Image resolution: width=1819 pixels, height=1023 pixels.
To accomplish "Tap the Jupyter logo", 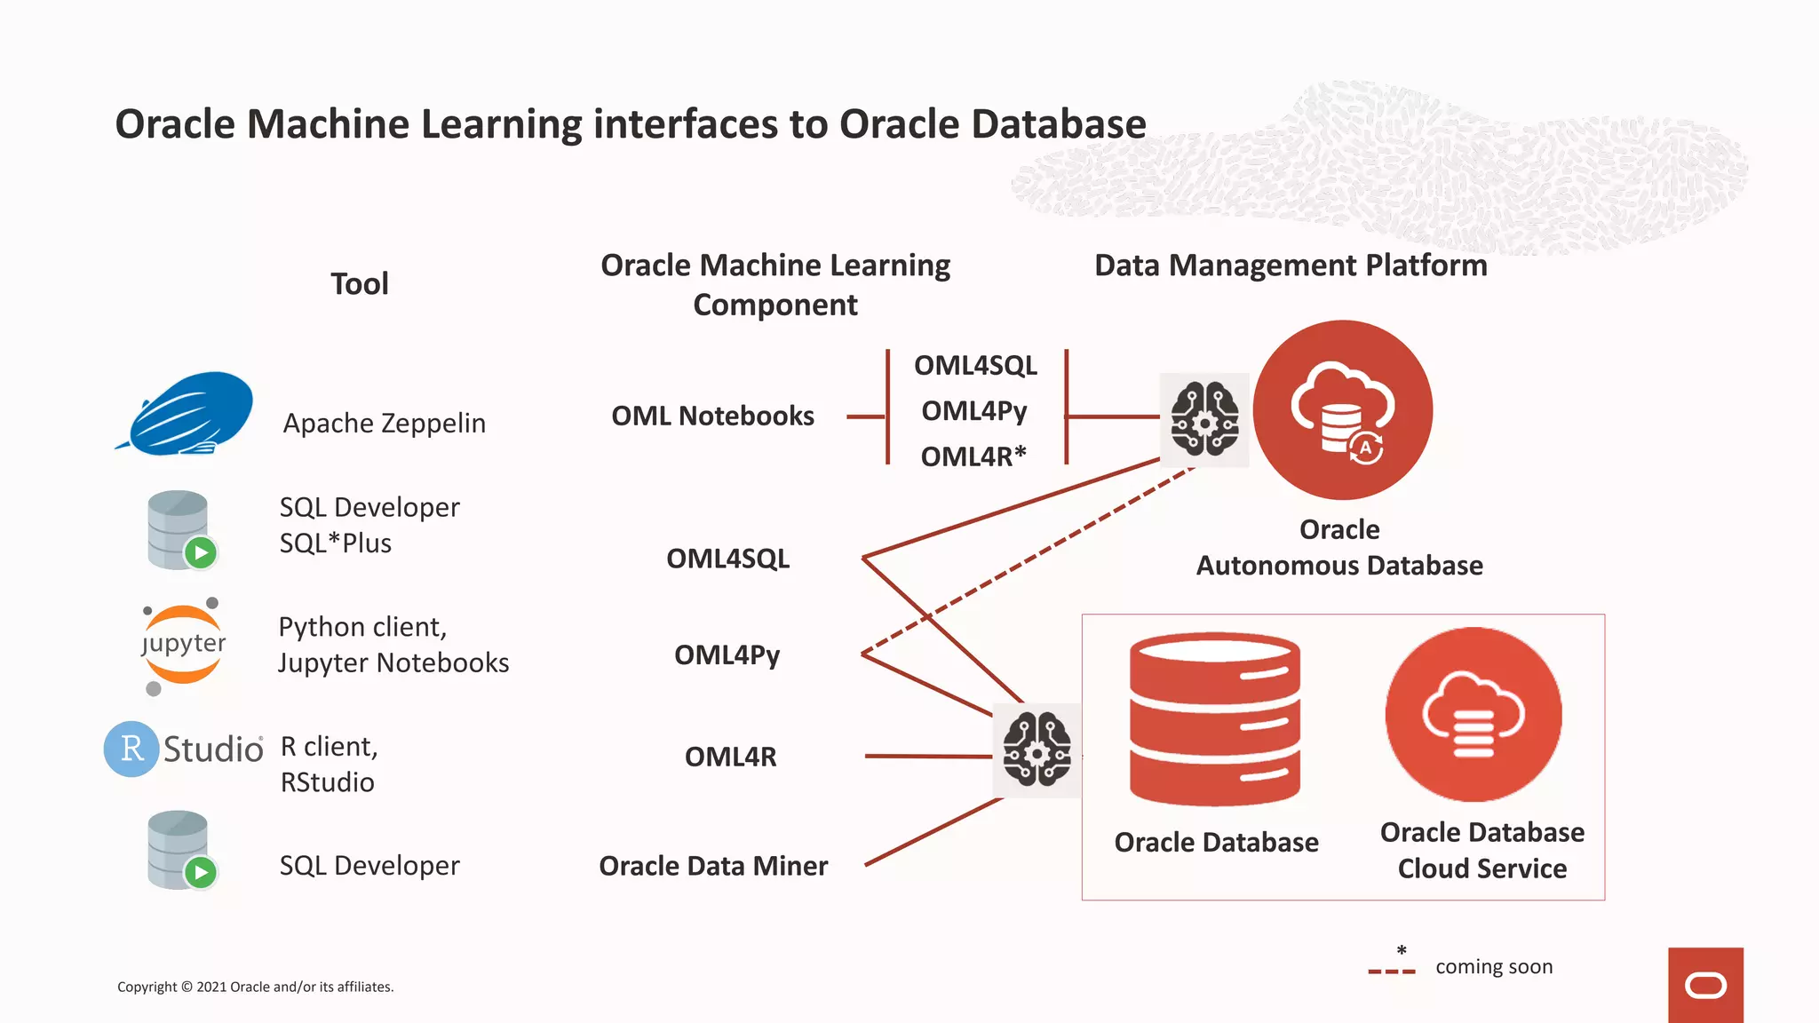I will pos(183,645).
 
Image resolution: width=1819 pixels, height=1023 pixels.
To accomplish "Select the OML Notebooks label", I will pos(712,416).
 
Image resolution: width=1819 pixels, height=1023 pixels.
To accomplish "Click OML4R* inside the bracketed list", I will pos(973,456).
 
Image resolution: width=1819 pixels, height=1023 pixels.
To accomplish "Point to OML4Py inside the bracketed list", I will pos(974,411).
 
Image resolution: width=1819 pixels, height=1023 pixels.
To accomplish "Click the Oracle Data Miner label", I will pos(713,866).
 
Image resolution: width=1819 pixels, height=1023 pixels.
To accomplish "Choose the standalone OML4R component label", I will pos(730,757).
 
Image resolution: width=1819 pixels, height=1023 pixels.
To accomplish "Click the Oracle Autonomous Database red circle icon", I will pos(1342,410).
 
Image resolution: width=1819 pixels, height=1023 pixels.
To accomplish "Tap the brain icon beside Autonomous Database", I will pos(1204,419).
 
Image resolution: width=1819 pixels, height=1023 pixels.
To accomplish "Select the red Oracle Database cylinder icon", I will pos(1214,719).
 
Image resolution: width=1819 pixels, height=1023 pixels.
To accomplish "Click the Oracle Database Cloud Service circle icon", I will pos(1473,714).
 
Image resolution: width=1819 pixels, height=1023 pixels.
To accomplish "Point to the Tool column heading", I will pos(360,284).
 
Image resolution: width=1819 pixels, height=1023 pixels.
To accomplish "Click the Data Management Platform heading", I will pos(1291,266).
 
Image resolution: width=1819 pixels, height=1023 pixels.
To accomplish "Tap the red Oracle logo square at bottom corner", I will pos(1705,985).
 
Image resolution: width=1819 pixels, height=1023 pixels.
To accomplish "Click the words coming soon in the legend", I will pos(1494,967).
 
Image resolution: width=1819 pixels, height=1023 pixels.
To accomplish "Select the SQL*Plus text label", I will pos(336,543).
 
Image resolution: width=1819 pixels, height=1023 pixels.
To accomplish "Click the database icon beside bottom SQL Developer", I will pos(181,851).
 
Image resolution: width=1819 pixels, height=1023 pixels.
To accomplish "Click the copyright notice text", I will pos(256,987).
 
